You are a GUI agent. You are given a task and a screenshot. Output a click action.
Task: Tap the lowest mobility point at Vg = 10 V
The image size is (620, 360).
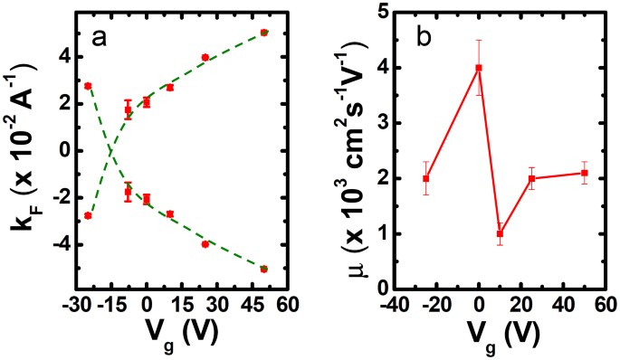[x=500, y=233]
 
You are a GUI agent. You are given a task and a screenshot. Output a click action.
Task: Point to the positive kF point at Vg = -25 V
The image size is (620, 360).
[x=88, y=86]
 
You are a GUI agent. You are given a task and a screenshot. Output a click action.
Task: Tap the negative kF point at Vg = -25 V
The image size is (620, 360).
[x=88, y=215]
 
